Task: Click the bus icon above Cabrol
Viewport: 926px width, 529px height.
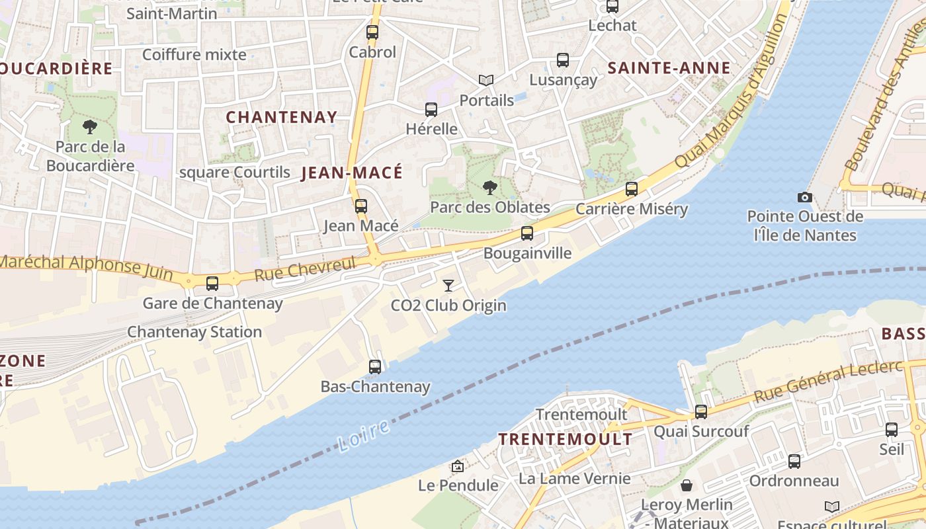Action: coord(372,32)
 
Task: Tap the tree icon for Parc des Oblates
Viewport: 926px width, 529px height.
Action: coord(489,188)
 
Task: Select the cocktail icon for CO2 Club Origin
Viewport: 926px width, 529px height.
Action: coord(448,286)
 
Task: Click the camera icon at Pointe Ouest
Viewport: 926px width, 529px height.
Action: coord(804,197)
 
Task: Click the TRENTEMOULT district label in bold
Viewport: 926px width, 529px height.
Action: coord(565,439)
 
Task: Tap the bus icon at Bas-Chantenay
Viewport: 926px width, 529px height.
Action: coord(375,366)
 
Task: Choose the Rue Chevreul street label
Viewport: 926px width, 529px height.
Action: coord(305,269)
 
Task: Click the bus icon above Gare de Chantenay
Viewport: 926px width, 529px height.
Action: coord(212,284)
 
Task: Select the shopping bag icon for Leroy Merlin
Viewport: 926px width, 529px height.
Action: coord(687,485)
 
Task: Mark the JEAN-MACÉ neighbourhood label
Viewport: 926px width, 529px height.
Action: coord(351,173)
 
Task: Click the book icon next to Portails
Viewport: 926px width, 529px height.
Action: coord(486,80)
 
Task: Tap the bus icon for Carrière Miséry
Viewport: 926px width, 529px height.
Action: coord(632,189)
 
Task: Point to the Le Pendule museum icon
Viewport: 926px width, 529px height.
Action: coord(457,466)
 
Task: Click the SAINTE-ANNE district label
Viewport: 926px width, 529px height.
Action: coord(669,68)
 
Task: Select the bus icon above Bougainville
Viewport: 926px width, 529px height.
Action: coord(526,233)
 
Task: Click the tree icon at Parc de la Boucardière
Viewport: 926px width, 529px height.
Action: coord(90,126)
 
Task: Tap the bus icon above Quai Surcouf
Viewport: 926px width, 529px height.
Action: coord(700,412)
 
